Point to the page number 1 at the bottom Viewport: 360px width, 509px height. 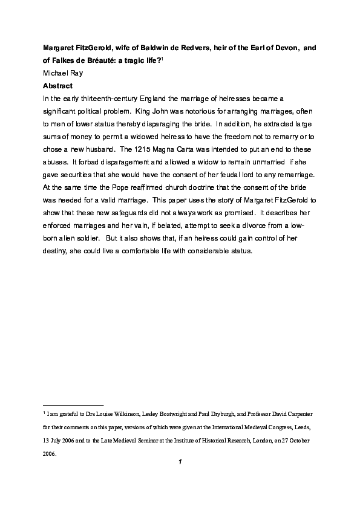(x=180, y=463)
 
